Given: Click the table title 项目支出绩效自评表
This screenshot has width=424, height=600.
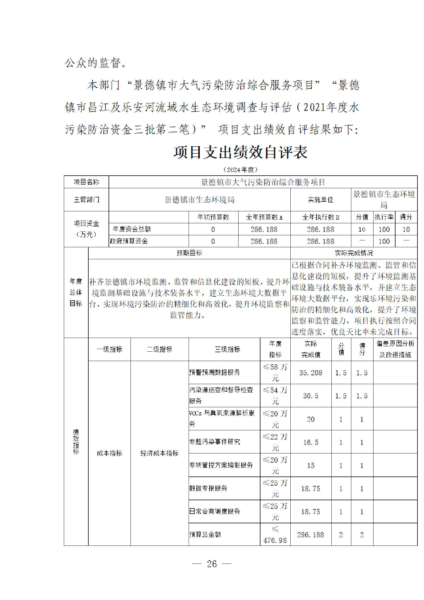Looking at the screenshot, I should [x=240, y=152].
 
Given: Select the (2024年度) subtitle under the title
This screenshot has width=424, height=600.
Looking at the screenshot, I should [x=240, y=169].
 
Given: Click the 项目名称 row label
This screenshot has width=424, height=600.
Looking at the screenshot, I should [x=86, y=182].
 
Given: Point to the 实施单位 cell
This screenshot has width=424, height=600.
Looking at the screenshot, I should [x=320, y=200].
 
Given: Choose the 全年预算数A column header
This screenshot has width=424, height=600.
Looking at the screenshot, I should [x=264, y=217].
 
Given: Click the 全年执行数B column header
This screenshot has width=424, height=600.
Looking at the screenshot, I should [x=320, y=217].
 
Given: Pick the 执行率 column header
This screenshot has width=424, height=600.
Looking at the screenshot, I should [x=384, y=217].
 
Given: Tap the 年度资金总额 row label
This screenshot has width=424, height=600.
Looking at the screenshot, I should [x=132, y=229].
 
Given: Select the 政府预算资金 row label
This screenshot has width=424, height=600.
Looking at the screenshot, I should [x=129, y=241].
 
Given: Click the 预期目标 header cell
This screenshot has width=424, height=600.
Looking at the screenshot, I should [x=189, y=253].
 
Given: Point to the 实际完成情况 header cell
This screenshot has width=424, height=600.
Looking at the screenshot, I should [x=354, y=253].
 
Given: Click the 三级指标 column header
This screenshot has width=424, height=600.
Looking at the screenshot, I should [x=227, y=349].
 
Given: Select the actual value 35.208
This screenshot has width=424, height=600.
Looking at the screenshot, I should [x=311, y=373].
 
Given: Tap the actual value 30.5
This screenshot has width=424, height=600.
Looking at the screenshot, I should [x=311, y=396].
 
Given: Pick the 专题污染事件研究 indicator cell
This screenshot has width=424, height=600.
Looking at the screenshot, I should [x=215, y=442].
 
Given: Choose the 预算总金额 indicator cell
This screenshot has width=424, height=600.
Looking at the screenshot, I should [x=205, y=534].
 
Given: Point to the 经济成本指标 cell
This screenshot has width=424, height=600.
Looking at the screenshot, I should [x=159, y=453].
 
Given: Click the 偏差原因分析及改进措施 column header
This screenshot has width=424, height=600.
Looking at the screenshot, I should [x=395, y=349].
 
